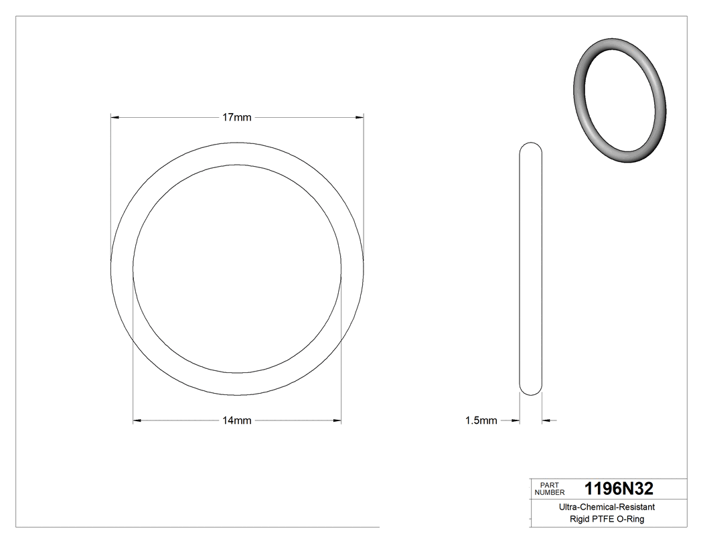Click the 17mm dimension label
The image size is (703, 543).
tap(237, 117)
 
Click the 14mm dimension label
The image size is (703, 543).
tap(237, 420)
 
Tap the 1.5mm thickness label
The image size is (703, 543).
tap(481, 420)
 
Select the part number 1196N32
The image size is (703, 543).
tap(619, 488)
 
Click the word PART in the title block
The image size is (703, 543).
tap(549, 484)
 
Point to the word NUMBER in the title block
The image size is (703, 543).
tap(550, 492)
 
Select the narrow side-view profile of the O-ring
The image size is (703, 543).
tap(531, 268)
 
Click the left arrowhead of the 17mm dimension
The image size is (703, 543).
tap(114, 117)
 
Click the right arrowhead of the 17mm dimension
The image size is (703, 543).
tap(360, 117)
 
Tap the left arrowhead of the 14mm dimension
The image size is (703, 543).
tap(137, 420)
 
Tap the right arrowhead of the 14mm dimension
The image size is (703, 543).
tap(337, 420)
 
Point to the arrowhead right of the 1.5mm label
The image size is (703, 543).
tap(516, 420)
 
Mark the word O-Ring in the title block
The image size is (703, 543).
tap(631, 520)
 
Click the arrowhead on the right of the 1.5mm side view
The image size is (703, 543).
tap(546, 420)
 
